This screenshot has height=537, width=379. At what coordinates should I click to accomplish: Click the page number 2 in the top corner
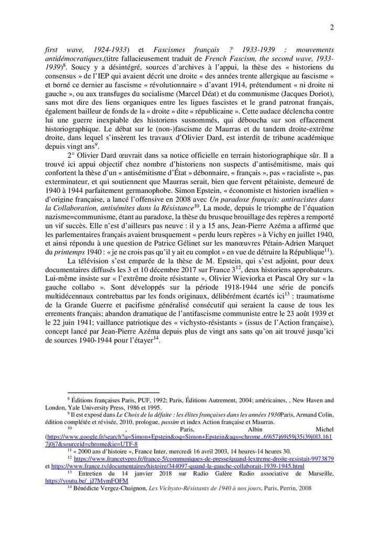pos(333,27)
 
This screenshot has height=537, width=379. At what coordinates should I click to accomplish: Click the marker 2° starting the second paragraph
pos(71,155)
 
